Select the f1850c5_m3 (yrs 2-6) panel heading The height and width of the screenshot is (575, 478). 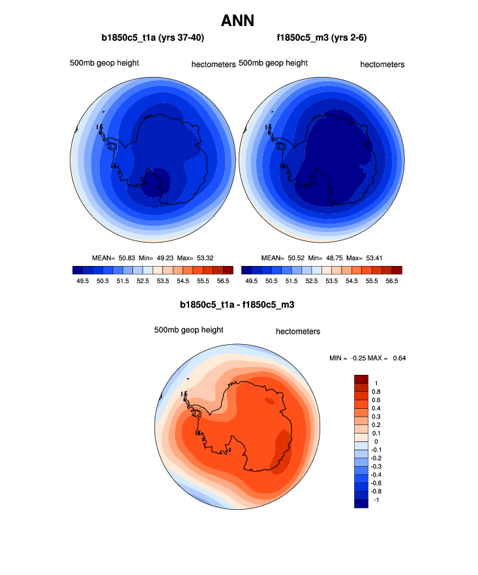[321, 38]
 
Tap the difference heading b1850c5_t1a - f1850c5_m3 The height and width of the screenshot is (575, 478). [238, 304]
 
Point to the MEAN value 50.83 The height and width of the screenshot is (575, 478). [127, 258]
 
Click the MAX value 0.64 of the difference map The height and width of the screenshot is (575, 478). [398, 358]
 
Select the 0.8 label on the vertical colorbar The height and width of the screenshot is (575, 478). [376, 392]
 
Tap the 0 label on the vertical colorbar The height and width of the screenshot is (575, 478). [376, 441]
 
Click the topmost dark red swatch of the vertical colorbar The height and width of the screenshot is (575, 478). [361, 379]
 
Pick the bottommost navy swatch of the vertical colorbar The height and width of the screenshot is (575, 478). [361, 503]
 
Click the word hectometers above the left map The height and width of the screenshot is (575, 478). [213, 65]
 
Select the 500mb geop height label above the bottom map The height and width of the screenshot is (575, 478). [188, 330]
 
